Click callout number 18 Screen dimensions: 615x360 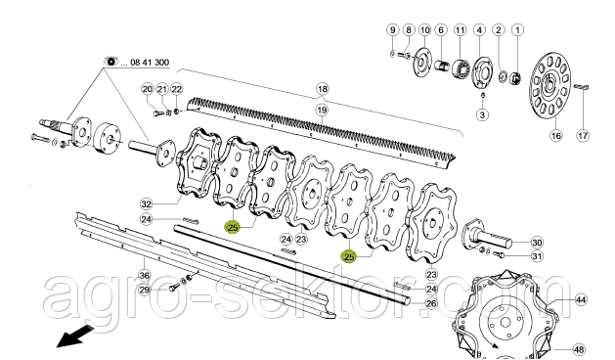click(323, 89)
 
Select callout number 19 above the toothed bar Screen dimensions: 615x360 click(322, 110)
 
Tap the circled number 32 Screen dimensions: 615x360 click(146, 204)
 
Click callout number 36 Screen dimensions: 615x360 click(145, 275)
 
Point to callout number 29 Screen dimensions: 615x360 click(145, 291)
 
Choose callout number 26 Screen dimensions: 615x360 click(431, 303)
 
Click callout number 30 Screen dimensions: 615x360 click(537, 243)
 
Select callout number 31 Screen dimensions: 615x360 click(537, 256)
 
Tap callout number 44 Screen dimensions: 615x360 click(581, 300)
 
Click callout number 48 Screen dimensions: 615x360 click(579, 349)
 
